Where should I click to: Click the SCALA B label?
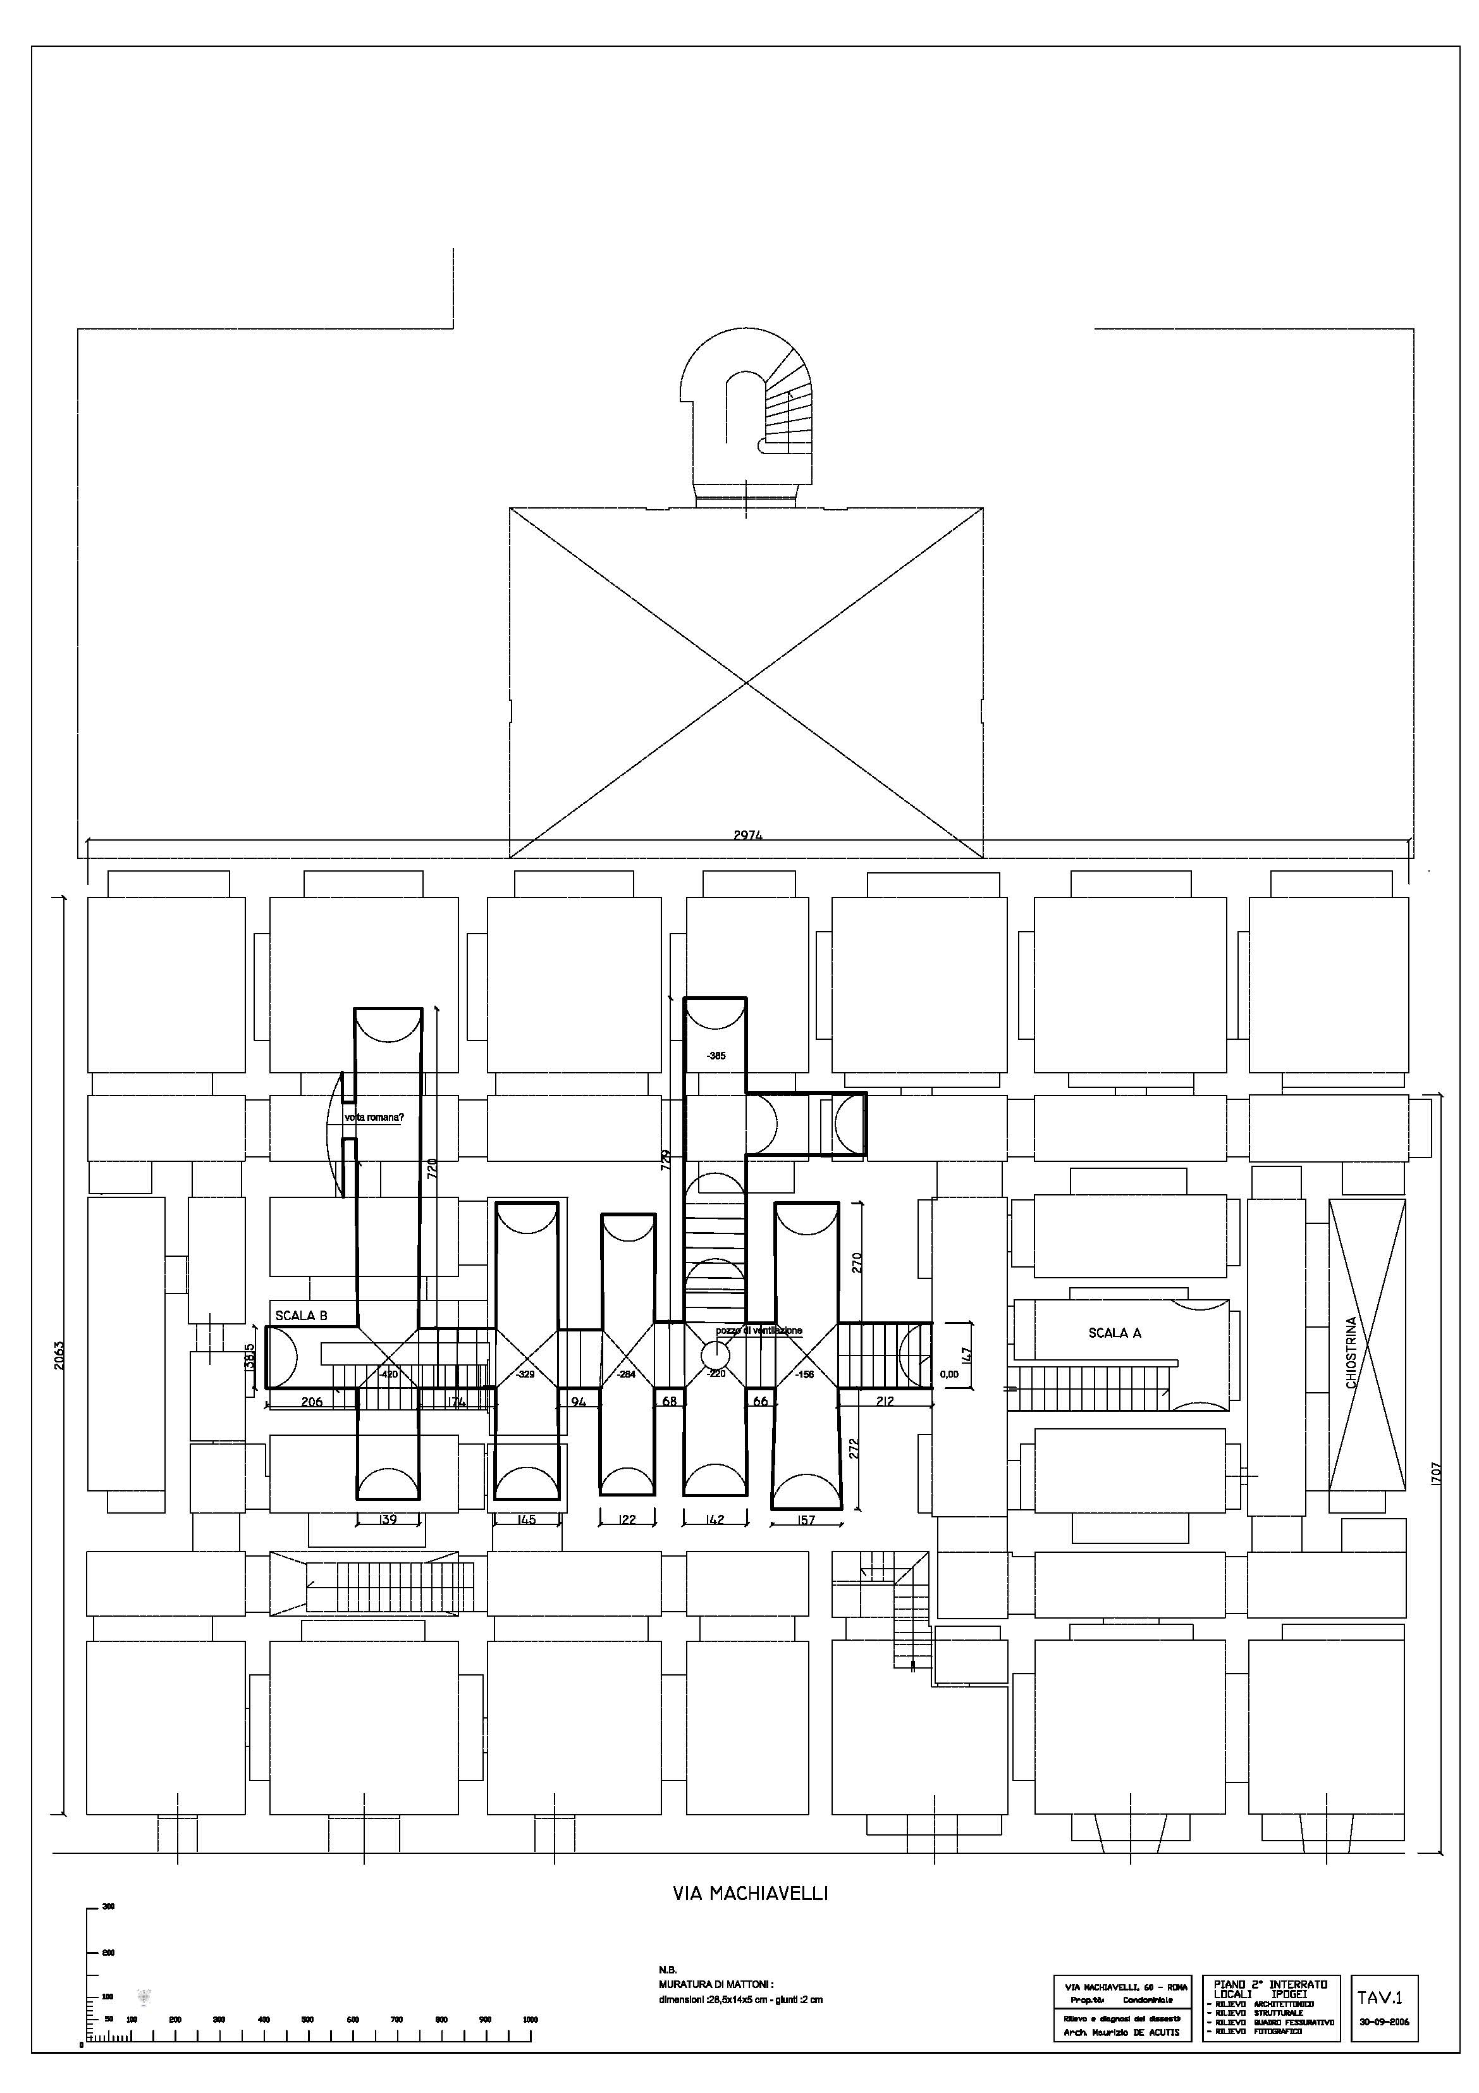tap(301, 1316)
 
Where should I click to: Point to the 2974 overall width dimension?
tap(747, 835)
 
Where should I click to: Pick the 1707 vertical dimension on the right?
tap(1436, 1473)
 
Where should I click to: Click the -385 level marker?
tap(716, 1056)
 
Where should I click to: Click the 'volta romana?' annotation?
tap(374, 1118)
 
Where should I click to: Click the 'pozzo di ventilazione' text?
tap(758, 1331)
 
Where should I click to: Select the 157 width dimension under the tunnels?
tap(806, 1519)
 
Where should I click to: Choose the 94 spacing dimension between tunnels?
tap(578, 1401)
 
